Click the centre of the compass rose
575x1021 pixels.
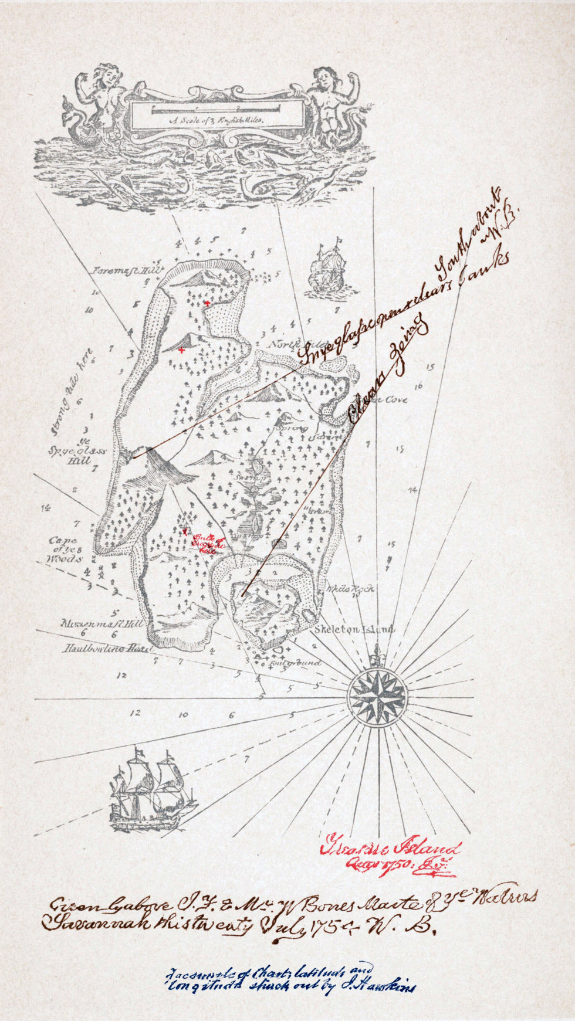pyautogui.click(x=376, y=697)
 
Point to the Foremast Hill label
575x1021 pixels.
pyautogui.click(x=126, y=270)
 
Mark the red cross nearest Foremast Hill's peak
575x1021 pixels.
pyautogui.click(x=207, y=303)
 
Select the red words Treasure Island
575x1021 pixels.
pyautogui.click(x=390, y=849)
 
